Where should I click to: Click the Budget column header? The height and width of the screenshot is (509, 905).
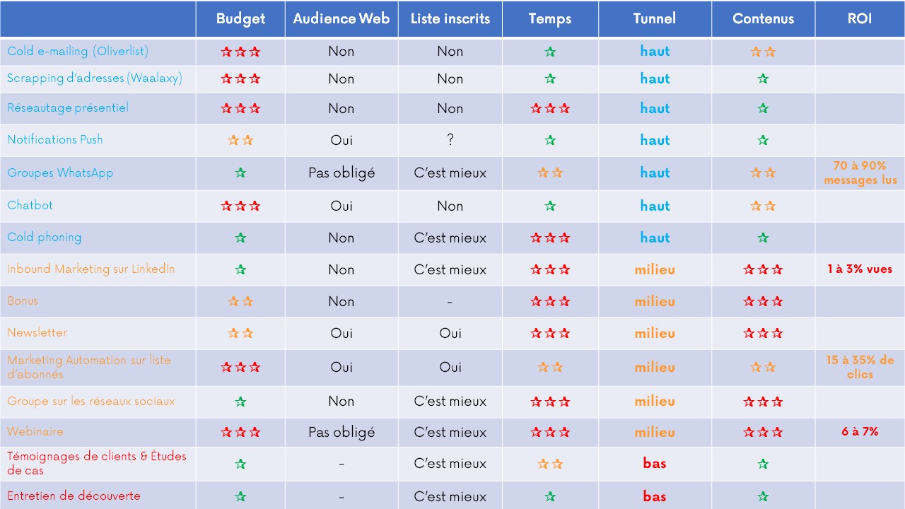click(240, 19)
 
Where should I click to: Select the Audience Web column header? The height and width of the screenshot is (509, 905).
click(341, 19)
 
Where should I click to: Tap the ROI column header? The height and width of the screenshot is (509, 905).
click(859, 19)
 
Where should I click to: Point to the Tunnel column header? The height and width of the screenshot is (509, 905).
click(654, 19)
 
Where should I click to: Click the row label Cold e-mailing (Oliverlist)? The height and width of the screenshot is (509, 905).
click(78, 52)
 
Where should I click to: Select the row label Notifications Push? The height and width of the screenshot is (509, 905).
click(55, 139)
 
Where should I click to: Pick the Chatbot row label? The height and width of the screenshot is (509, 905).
click(30, 205)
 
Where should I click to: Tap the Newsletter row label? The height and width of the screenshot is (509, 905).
click(37, 332)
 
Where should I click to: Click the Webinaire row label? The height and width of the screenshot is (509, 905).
click(35, 431)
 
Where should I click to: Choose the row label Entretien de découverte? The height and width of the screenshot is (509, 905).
click(74, 496)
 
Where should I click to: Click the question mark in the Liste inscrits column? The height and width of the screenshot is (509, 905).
click(450, 140)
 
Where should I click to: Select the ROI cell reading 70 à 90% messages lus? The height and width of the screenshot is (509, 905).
click(859, 172)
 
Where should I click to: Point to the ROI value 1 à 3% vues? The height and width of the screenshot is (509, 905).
click(859, 269)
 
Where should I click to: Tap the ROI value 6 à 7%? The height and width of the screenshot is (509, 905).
click(859, 431)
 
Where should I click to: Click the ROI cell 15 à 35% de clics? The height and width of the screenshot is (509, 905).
click(859, 367)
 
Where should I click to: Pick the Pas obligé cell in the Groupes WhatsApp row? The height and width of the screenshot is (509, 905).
click(341, 173)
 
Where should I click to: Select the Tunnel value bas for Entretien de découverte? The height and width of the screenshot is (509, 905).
click(654, 496)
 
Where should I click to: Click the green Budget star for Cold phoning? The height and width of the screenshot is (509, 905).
click(240, 238)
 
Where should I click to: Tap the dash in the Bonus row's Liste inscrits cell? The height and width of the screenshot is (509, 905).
click(450, 302)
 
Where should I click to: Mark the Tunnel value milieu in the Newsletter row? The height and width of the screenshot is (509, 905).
click(654, 333)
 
